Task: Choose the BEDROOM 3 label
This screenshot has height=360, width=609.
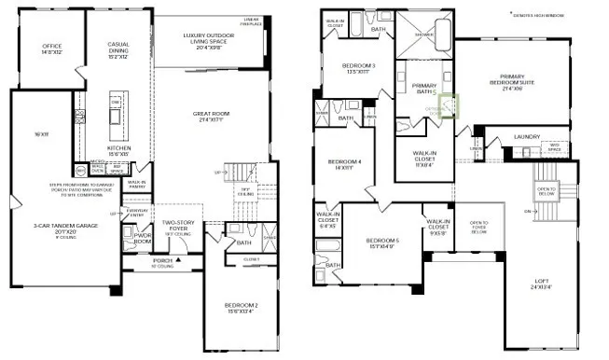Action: (359, 66)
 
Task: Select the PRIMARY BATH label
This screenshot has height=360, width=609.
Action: (424, 88)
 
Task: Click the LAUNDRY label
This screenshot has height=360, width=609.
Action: (526, 138)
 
